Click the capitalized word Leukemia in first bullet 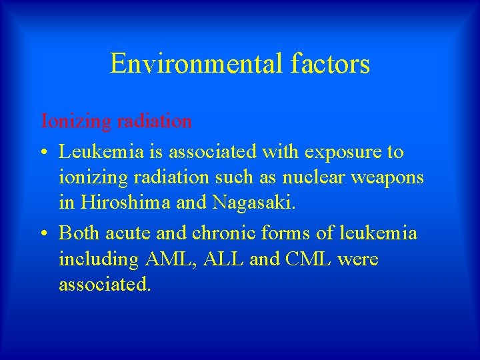click(x=99, y=153)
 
